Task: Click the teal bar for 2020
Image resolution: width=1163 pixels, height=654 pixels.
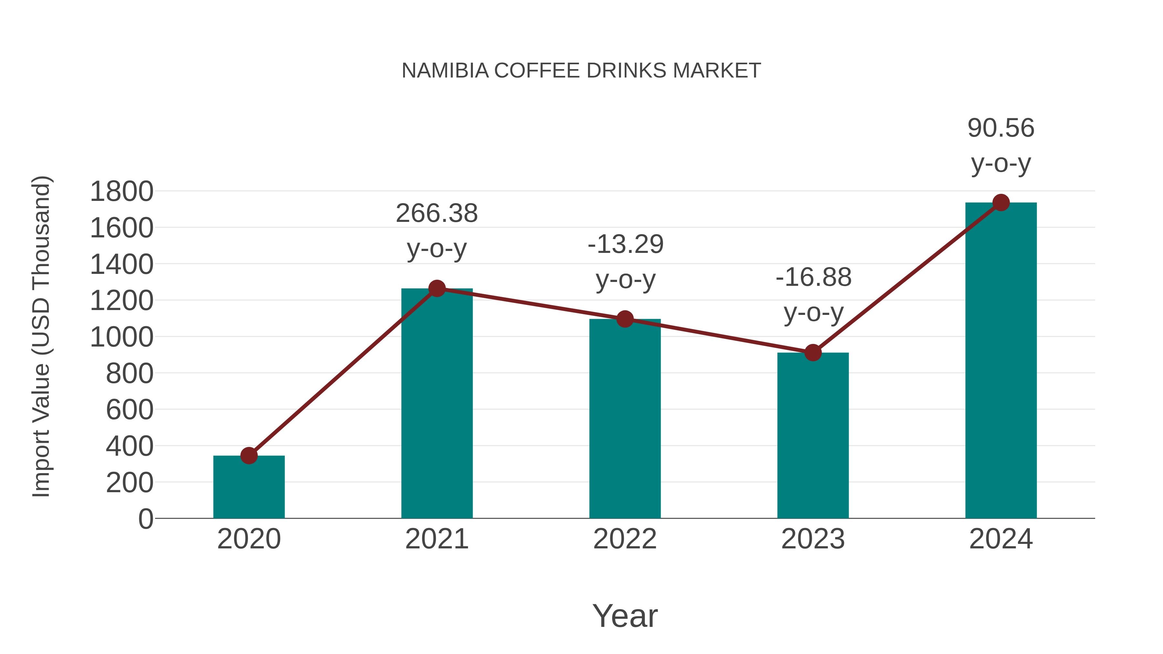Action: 249,487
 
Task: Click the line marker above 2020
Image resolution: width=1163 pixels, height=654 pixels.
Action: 249,455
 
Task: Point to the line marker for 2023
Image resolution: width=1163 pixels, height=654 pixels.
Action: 813,352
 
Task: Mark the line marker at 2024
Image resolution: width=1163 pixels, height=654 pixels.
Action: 1001,202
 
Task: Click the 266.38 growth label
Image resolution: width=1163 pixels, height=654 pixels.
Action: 436,213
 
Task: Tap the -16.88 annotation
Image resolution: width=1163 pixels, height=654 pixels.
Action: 813,277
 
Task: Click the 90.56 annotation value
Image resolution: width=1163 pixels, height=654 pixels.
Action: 1001,128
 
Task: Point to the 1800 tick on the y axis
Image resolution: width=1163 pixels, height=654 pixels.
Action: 121,192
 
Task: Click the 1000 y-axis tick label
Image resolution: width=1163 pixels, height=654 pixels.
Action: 121,337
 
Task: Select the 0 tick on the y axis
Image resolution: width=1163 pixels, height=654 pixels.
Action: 145,519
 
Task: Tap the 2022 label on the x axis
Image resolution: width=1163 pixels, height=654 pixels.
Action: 625,539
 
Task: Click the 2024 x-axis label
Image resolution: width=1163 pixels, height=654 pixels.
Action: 1001,539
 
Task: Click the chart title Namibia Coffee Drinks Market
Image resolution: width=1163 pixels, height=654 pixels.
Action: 581,71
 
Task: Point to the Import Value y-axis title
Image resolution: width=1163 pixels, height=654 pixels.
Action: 42,336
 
